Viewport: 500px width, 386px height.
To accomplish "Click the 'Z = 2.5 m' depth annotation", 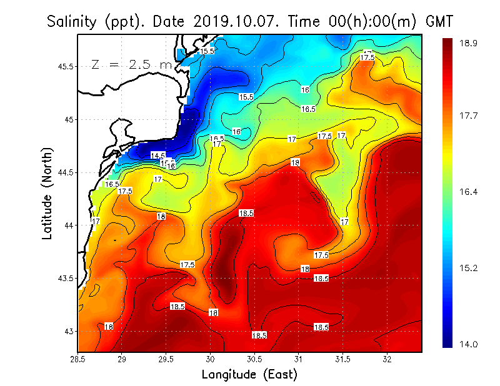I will pos(131,64).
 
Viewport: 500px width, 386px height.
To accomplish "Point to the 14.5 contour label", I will pos(158,156).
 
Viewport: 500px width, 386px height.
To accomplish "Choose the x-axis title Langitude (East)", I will pos(249,374).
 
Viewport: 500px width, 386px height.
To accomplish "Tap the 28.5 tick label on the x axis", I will pos(78,359).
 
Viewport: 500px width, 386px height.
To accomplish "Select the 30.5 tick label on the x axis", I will pos(254,359).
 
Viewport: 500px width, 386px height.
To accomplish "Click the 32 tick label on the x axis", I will pos(387,359).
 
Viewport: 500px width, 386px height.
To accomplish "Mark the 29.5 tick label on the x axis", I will pos(166,359).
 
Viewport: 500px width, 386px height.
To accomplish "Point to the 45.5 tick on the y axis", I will pos(66,66).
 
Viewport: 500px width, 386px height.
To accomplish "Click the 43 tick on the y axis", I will pos(69,331).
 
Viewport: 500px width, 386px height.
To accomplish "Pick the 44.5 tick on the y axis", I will pos(66,172).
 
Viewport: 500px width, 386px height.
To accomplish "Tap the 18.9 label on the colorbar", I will pos(469,43).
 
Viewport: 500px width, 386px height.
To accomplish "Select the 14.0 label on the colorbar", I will pos(469,344).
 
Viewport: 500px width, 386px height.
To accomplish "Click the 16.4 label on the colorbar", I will pos(469,192).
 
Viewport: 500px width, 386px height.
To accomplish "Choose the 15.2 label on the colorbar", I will pos(469,269).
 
